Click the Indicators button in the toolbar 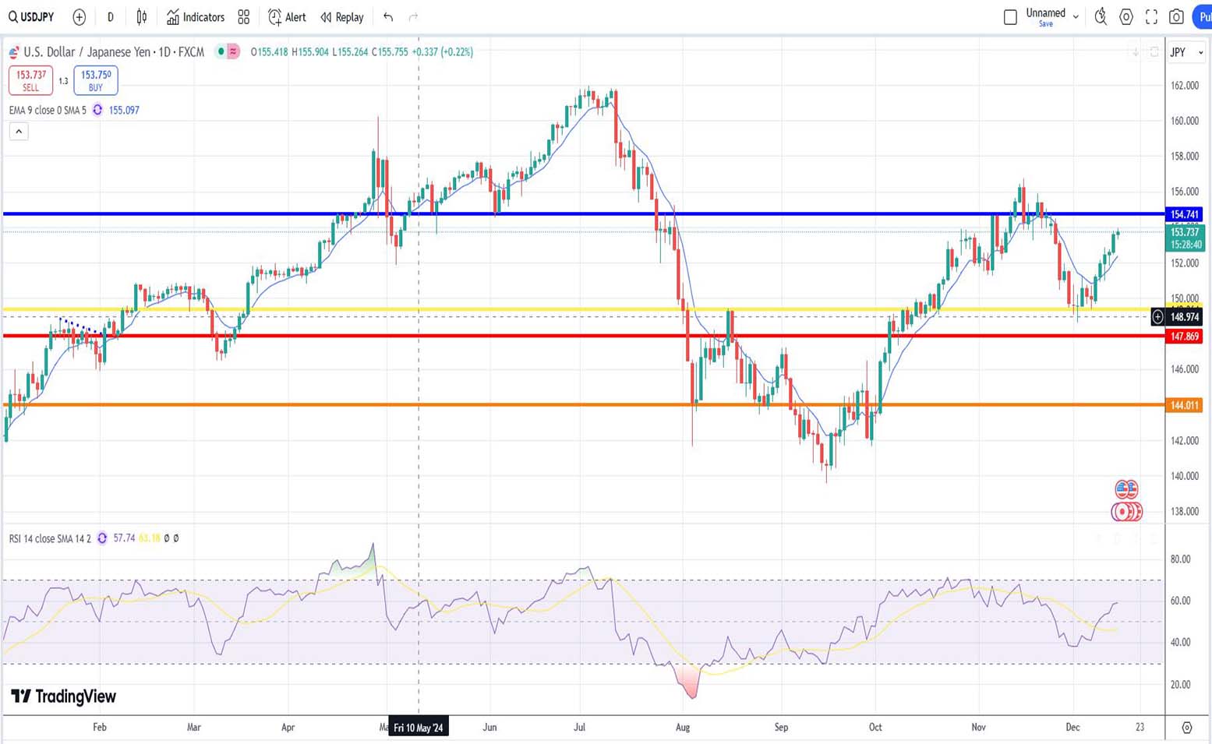coord(196,17)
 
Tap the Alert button coord(287,17)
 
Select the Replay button coord(342,17)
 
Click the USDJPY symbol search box coord(32,17)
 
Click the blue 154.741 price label coord(1184,214)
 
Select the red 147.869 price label coord(1184,337)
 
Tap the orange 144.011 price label coord(1184,405)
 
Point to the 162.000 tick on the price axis coord(1185,86)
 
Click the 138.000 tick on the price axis coord(1185,512)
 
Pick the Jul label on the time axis coord(579,727)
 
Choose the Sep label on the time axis coord(781,727)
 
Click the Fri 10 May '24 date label coord(419,728)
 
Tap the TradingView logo coord(64,696)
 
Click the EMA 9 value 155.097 coord(124,111)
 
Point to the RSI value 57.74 coord(124,538)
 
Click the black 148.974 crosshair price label coord(1184,317)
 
